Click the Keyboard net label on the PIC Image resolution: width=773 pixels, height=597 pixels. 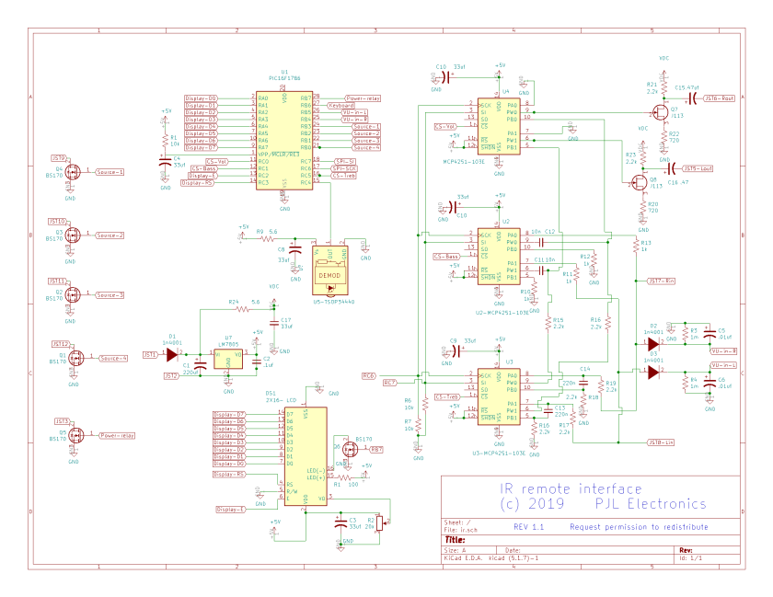[341, 105]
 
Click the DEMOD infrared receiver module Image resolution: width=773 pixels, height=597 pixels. [329, 273]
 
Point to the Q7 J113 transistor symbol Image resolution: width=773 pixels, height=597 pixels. [660, 113]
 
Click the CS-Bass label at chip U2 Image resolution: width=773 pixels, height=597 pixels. [447, 256]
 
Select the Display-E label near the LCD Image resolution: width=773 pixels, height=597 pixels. [230, 509]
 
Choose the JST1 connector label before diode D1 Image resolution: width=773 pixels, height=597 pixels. [149, 353]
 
